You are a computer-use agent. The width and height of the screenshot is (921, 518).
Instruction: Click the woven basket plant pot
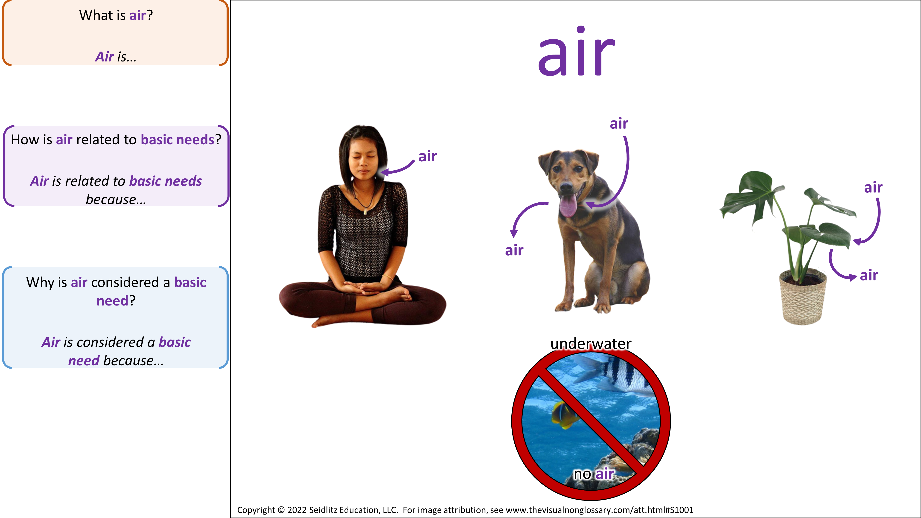coord(803,297)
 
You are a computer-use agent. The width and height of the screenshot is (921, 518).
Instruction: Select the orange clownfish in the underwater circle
coord(565,415)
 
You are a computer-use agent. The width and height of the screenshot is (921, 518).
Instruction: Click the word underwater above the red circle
coord(591,343)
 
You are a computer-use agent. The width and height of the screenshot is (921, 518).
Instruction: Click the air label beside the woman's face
coord(428,156)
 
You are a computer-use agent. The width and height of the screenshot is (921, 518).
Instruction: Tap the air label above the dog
coord(619,124)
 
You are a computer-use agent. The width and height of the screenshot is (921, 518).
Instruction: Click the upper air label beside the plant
coord(873,187)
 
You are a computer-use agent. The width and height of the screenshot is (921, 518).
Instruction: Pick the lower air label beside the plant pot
coord(869,275)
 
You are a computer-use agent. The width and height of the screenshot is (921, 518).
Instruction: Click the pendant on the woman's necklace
coord(365,212)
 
